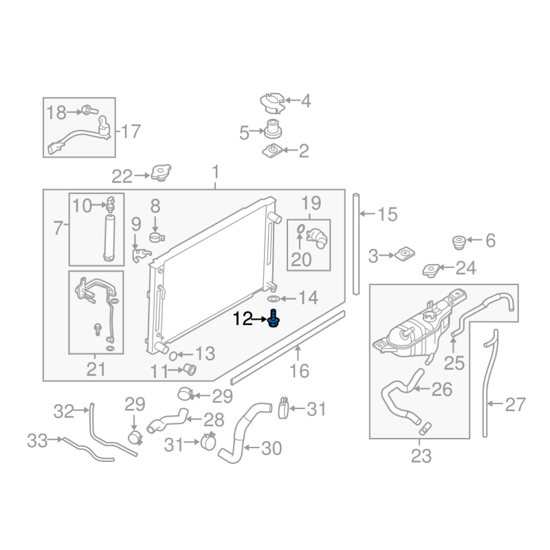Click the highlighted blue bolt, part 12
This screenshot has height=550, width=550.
coord(274,320)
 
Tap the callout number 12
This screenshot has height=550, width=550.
coord(244,319)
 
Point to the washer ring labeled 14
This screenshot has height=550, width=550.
coord(272,298)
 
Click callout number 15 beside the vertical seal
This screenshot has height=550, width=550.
coord(387,215)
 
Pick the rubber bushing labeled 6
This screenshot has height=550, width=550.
coord(457,243)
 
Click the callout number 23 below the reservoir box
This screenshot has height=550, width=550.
coord(421,455)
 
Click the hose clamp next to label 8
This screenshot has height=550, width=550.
coord(156,238)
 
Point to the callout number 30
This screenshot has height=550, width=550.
coord(272,449)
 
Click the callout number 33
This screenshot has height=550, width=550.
coord(38,439)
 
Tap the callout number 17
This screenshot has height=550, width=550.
coord(130,131)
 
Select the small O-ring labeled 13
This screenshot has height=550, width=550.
coord(175,355)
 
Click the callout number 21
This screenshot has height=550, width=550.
coord(96,369)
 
